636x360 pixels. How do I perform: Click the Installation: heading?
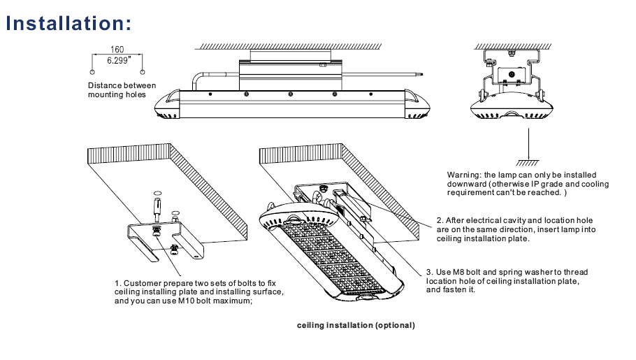(68, 23)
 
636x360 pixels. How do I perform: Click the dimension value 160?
(117, 50)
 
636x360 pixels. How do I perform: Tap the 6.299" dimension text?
(117, 61)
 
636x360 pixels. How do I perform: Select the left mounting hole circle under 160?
(92, 71)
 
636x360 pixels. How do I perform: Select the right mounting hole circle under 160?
(143, 71)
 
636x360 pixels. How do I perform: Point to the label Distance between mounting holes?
(117, 90)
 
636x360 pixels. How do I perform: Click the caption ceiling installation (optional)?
(356, 326)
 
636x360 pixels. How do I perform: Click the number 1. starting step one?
(118, 283)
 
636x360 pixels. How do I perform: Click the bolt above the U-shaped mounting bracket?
(157, 207)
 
